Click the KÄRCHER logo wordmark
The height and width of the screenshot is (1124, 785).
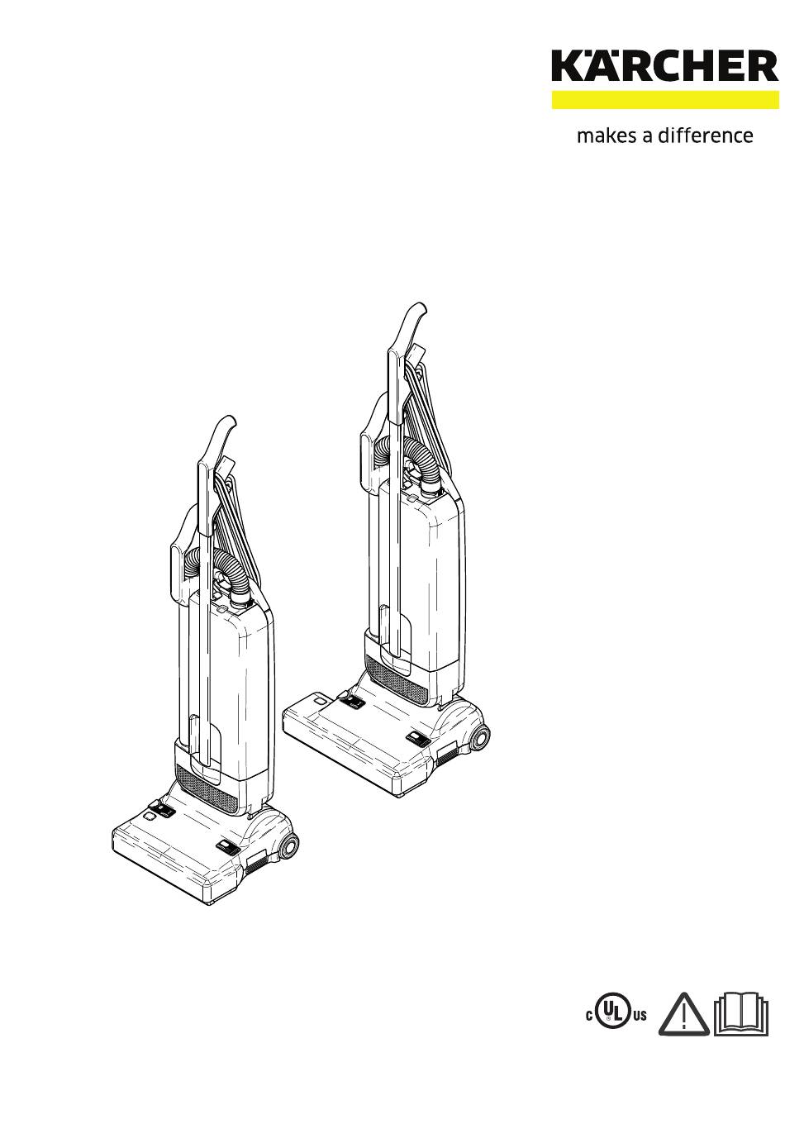click(665, 66)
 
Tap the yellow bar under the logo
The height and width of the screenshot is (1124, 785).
click(665, 100)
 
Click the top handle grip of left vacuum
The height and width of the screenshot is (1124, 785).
click(220, 439)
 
